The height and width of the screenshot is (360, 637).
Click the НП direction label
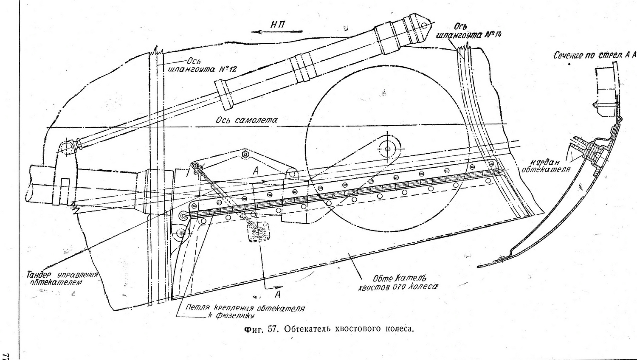click(x=278, y=25)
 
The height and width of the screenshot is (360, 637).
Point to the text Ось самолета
click(x=247, y=120)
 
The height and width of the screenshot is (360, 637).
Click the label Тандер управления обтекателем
click(x=64, y=278)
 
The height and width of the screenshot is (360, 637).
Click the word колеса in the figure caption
click(x=399, y=329)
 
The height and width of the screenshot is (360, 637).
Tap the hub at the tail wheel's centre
click(x=388, y=148)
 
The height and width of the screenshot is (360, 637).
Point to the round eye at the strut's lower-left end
click(x=67, y=147)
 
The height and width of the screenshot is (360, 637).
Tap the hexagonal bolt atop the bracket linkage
click(x=245, y=153)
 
